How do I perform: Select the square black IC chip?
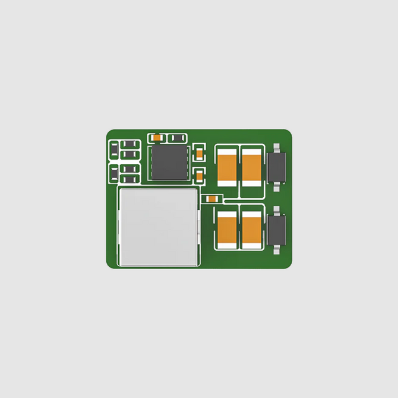point(169,163)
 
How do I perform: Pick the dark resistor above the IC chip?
point(177,138)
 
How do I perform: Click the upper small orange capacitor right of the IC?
point(200,154)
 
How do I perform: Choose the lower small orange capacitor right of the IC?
point(200,175)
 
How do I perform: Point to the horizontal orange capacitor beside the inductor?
point(211,199)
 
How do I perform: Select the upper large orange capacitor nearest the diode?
point(251,167)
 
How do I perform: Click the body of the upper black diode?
point(276,167)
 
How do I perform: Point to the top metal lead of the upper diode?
point(276,147)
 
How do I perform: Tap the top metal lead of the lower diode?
point(276,210)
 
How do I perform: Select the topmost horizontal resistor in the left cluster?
point(129,144)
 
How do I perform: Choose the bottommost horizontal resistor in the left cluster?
point(129,179)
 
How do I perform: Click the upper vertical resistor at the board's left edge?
point(113,149)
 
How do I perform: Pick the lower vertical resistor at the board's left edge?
point(113,173)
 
